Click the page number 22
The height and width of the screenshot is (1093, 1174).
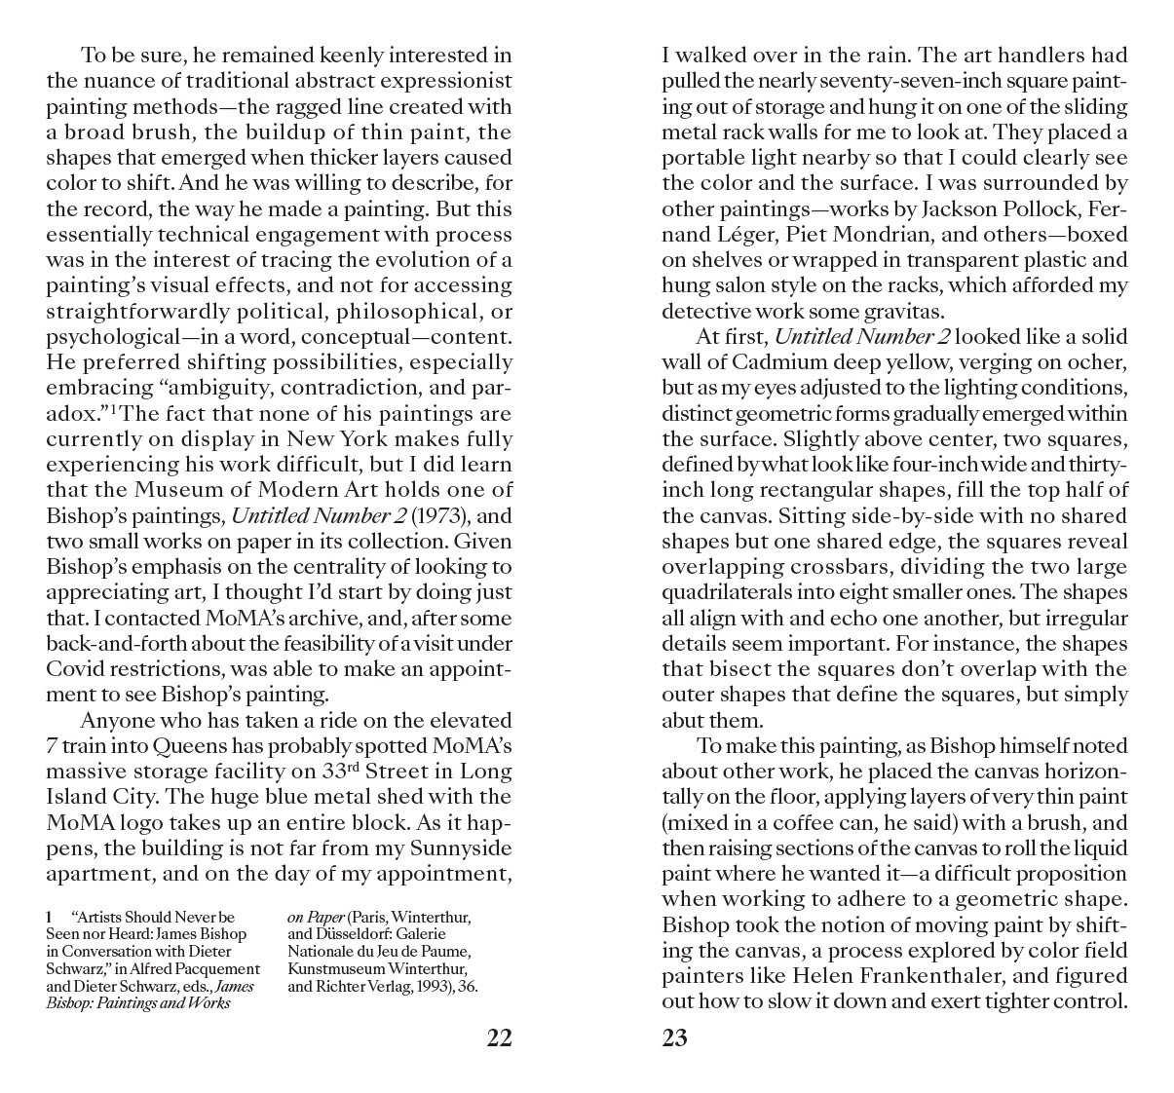pyautogui.click(x=499, y=1038)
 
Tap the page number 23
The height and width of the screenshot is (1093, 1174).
pyautogui.click(x=674, y=1038)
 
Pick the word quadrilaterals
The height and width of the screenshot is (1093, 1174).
pyautogui.click(x=724, y=592)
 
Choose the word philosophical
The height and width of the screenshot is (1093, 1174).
pyautogui.click(x=395, y=312)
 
